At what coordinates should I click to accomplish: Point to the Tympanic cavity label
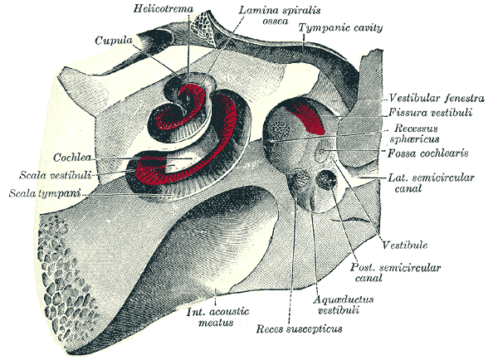343,29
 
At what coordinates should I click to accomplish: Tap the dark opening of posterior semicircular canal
331,178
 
